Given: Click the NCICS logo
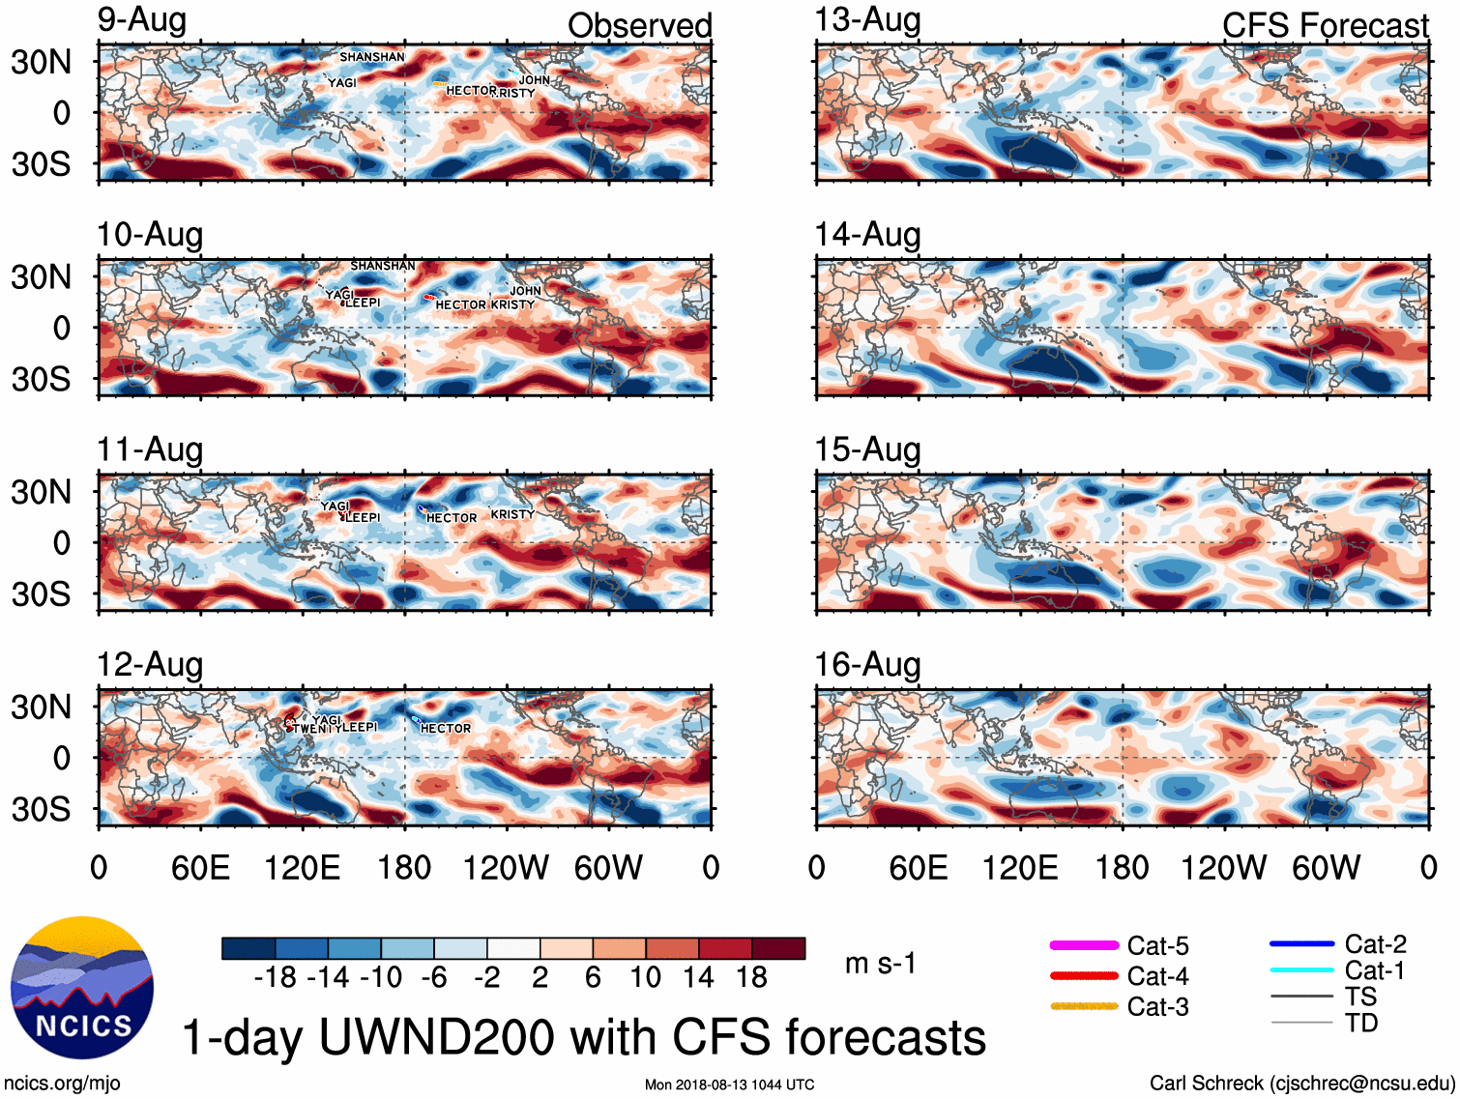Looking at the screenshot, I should click(81, 987).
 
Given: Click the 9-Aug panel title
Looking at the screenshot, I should click(141, 20).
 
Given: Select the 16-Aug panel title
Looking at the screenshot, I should click(867, 665).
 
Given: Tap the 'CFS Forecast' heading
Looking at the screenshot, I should click(1325, 26).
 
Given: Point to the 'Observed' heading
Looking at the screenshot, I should click(639, 26).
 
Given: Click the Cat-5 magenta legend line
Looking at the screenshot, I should click(1084, 945).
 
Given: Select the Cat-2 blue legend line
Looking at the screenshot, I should click(1301, 943).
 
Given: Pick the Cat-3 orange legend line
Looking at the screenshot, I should click(1084, 1006).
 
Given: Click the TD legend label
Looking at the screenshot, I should click(1361, 1023).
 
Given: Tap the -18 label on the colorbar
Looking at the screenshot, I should click(275, 977).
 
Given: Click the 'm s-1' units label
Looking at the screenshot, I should click(880, 964).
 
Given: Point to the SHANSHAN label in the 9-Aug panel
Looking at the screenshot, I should click(372, 57).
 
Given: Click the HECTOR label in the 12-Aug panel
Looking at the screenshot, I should click(446, 728).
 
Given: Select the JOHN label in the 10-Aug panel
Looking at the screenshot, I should click(525, 291).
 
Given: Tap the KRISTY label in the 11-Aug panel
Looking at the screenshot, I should click(512, 514).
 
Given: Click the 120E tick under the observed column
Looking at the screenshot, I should click(302, 867).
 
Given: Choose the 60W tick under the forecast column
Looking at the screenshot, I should click(1326, 867).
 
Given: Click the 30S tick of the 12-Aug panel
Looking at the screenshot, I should click(41, 809).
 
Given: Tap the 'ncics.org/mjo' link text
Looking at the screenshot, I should click(62, 1084).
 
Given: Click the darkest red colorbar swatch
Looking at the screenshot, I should click(778, 948).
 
